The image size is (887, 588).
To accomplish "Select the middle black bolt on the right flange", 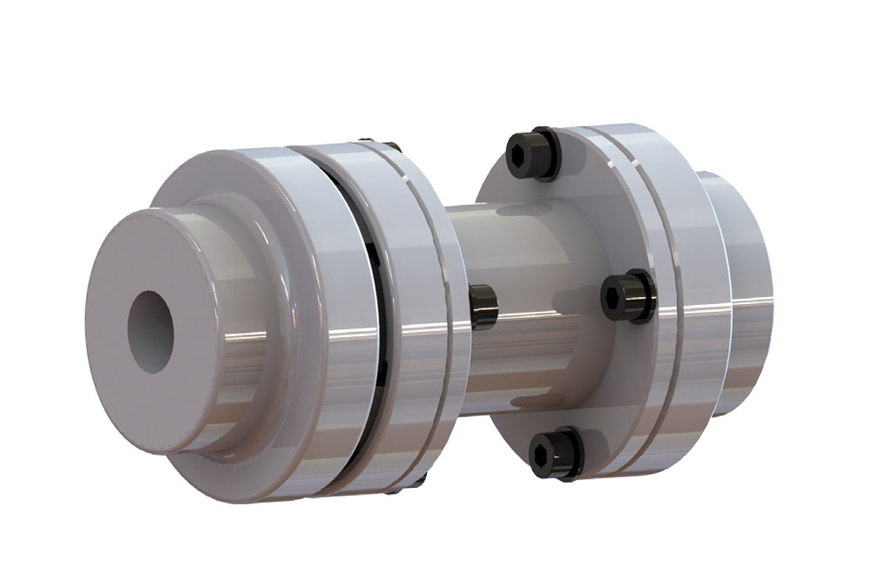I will [628, 296].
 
